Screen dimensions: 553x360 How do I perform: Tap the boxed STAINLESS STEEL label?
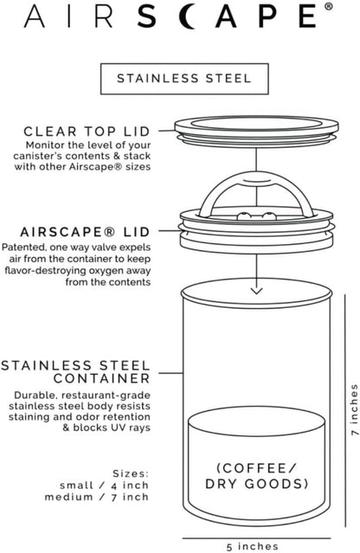point(179,78)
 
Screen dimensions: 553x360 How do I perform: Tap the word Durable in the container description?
point(37,395)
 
